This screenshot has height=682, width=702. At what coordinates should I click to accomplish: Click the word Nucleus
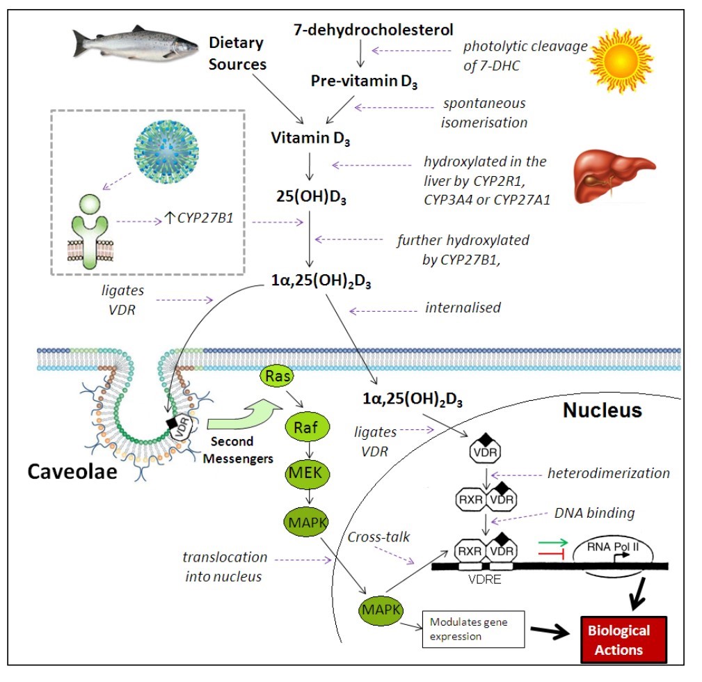[x=602, y=411]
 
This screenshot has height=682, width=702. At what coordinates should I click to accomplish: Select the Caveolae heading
[x=72, y=472]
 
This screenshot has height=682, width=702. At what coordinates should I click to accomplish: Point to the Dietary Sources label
[x=238, y=54]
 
